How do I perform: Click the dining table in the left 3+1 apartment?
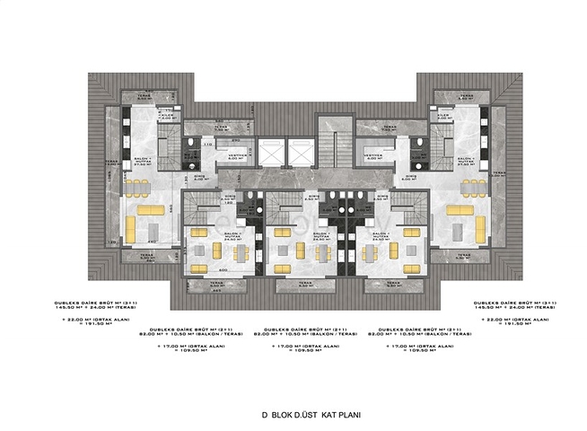(x=137, y=188)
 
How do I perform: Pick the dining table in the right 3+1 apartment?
(x=471, y=188)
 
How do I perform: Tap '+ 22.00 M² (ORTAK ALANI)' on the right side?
(x=507, y=320)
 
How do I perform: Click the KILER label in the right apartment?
(x=442, y=115)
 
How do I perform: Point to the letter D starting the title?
(x=265, y=416)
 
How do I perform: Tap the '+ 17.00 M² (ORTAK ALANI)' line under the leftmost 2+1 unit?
(x=185, y=346)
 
